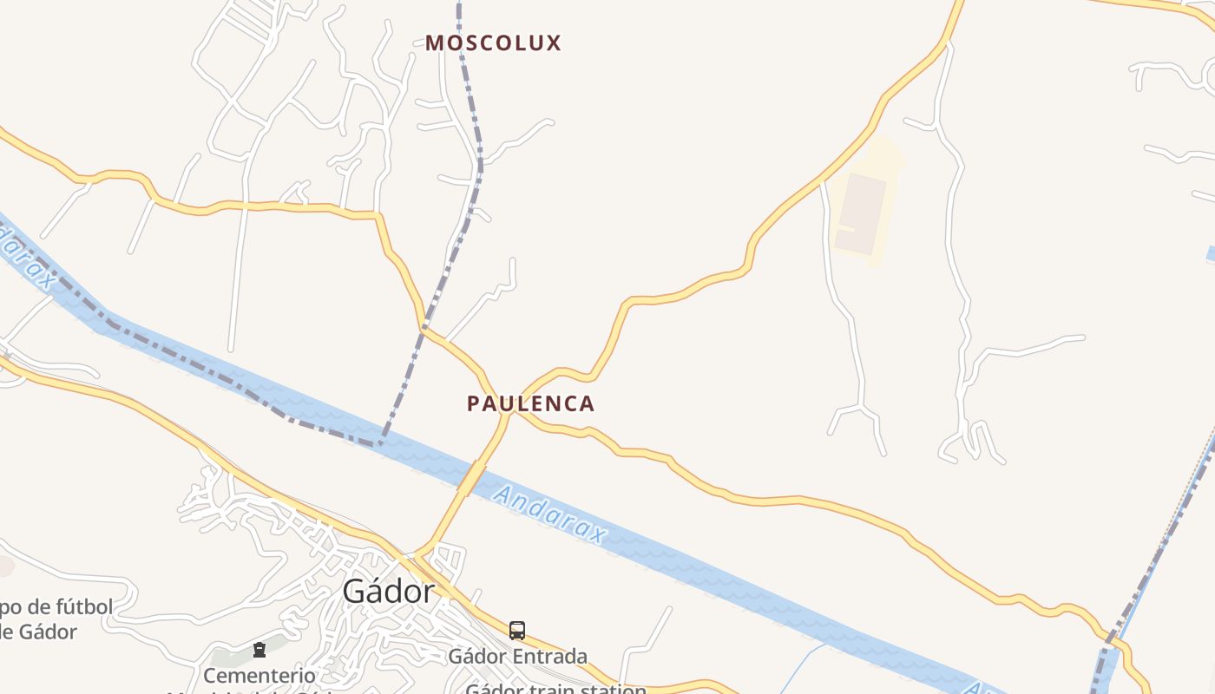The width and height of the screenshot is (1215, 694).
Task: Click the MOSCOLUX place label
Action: [x=493, y=43]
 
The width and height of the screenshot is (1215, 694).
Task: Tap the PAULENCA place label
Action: [x=530, y=403]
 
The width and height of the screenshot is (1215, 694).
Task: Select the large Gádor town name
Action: [x=388, y=591]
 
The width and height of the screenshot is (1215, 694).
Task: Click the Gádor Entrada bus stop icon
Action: [x=516, y=631]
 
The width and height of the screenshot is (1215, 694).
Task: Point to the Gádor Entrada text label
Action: [x=517, y=656]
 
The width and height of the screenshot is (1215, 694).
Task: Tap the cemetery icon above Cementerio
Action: [x=259, y=650]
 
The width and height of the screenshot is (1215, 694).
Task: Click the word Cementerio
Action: [x=259, y=675]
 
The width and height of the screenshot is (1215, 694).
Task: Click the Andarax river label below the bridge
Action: [x=549, y=514]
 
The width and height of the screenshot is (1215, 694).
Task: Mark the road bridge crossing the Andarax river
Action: [x=471, y=478]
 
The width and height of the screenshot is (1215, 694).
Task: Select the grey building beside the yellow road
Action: [x=861, y=213]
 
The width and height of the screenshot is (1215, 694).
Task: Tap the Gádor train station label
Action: [x=555, y=689]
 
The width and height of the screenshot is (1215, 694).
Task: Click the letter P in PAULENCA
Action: [x=473, y=403]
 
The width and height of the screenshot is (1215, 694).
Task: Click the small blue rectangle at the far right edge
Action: [x=1211, y=254]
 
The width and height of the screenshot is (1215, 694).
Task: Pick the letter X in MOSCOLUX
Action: [x=553, y=43]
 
